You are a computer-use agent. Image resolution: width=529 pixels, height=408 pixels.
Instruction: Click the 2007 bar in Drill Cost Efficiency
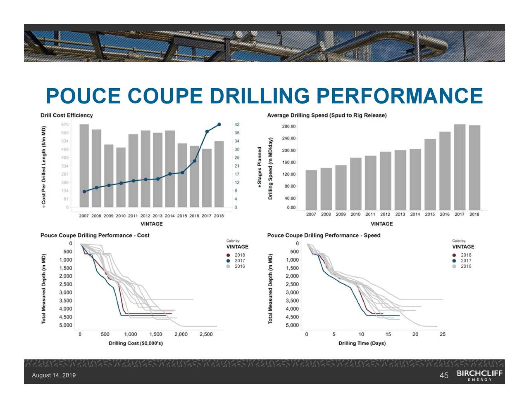[84, 165]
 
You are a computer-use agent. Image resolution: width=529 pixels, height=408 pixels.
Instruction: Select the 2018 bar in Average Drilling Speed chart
[474, 167]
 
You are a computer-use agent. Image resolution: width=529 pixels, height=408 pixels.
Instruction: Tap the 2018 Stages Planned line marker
[219, 124]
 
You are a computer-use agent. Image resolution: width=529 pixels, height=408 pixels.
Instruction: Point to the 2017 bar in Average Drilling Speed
[460, 167]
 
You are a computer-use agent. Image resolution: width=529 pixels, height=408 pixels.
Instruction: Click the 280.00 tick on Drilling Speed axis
[288, 126]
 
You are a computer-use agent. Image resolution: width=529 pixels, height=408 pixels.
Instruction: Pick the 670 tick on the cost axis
[65, 125]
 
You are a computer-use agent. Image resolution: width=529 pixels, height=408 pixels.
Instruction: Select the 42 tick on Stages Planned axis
[237, 125]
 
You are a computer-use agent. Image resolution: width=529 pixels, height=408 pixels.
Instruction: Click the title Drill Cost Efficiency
[67, 116]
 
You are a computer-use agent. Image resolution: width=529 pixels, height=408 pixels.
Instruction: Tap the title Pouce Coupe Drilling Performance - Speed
[324, 236]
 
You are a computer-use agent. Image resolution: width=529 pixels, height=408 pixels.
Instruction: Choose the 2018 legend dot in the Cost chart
[228, 255]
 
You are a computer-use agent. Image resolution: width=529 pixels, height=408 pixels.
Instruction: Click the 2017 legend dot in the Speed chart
[454, 261]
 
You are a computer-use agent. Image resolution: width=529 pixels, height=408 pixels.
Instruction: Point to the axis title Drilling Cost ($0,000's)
[136, 343]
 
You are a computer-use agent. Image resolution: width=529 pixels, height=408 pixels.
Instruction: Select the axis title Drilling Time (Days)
[362, 343]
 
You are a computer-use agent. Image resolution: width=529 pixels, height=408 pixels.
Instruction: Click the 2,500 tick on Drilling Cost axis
[206, 335]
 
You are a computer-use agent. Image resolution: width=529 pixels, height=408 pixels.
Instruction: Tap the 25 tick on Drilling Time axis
[443, 335]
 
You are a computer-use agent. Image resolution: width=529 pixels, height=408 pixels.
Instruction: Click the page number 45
[444, 375]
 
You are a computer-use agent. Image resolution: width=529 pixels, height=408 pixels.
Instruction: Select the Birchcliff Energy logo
[480, 375]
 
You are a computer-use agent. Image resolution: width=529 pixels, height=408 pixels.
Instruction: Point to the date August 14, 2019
[54, 375]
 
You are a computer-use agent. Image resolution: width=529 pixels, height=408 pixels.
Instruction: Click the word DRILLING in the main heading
[260, 96]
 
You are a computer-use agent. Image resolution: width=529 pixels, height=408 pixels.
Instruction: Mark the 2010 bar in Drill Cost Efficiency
[121, 177]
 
